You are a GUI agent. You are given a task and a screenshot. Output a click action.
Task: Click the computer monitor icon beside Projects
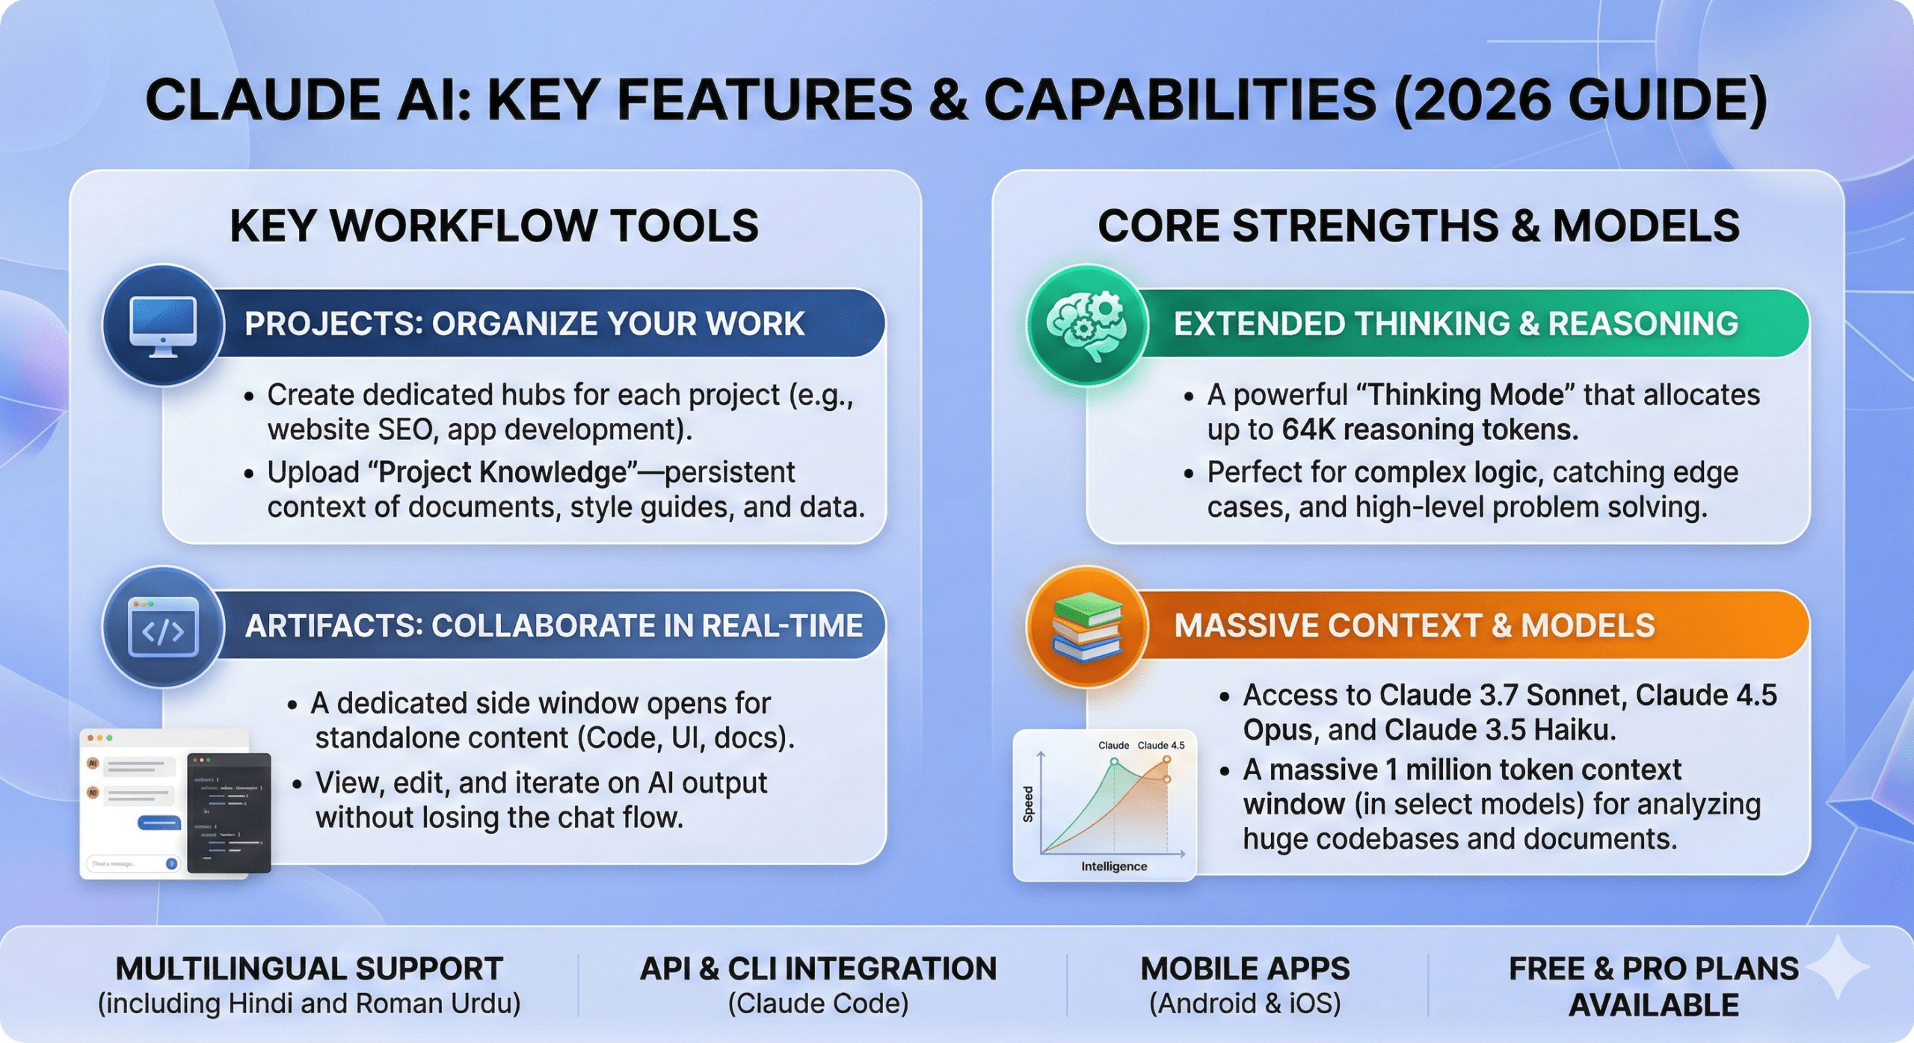point(163,326)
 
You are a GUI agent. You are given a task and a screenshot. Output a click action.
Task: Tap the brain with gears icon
point(1086,326)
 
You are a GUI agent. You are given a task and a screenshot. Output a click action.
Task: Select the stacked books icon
point(1086,627)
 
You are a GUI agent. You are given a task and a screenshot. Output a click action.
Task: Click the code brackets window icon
point(163,628)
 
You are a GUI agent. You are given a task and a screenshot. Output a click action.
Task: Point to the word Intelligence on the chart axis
point(1113,866)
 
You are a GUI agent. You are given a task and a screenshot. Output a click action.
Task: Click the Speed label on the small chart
point(1028,804)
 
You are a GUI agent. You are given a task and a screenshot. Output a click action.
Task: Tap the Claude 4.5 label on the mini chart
point(1160,745)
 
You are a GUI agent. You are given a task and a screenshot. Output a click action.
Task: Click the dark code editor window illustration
point(229,813)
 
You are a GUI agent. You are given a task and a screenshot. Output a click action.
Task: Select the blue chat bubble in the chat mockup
point(159,823)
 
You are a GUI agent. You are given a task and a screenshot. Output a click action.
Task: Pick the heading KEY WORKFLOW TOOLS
point(493,226)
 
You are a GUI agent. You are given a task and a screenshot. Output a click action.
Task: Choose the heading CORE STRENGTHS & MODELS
point(1418,226)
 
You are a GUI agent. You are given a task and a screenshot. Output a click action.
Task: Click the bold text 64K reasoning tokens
point(1430,430)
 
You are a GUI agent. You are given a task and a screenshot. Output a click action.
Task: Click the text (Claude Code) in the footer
point(818,1003)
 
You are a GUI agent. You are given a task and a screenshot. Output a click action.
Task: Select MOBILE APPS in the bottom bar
point(1245,968)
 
